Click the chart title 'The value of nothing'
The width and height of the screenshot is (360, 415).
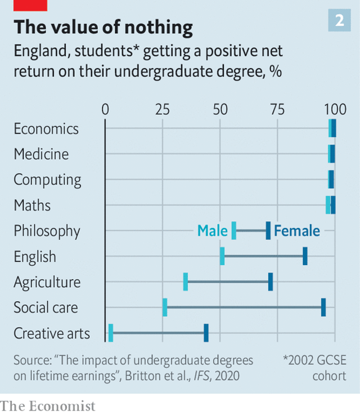pos(103,27)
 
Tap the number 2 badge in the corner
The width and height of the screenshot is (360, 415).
pos(339,21)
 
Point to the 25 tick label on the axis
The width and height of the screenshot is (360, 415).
pos(163,109)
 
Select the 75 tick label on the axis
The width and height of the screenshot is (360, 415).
pos(277,109)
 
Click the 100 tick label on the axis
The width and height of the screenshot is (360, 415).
pos(335,109)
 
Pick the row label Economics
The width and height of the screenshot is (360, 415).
pos(46,129)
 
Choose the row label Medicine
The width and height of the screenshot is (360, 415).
pos(41,154)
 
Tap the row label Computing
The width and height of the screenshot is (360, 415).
pos(47,180)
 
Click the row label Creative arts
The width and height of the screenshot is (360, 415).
pos(52,333)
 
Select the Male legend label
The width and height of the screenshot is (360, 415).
pos(212,231)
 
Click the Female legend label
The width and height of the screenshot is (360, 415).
pos(297,231)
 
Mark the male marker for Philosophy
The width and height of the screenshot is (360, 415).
pos(234,231)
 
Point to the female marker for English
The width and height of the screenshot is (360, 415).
pos(305,256)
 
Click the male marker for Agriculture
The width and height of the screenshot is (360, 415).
pos(186,282)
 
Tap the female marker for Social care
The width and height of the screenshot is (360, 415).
pos(323,307)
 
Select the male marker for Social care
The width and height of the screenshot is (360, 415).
pos(165,307)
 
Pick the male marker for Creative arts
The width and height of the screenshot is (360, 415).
pos(111,333)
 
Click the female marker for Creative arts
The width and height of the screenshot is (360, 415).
pos(206,333)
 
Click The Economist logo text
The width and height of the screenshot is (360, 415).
pos(48,405)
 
